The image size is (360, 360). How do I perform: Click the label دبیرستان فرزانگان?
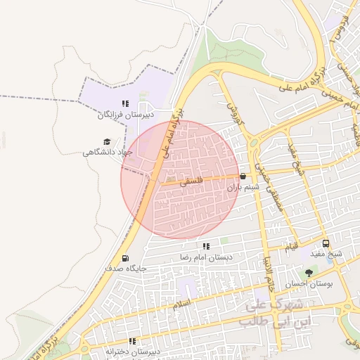pos(125,114)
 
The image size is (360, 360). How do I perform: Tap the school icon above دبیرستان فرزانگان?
pos(125,103)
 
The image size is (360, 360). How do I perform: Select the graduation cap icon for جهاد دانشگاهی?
pos(107,141)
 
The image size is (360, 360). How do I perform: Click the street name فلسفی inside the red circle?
pos(191,181)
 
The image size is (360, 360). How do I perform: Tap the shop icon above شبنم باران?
pos(243,176)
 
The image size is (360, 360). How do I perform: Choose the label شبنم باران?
pos(243,188)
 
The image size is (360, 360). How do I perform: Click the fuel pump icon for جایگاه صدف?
pos(125,258)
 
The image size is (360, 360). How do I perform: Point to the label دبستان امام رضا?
pos(206,257)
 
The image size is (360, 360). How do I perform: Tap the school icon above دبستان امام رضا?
pos(206,247)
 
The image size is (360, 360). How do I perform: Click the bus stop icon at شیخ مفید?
pos(325,243)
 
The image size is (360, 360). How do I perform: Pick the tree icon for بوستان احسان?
pos(308,273)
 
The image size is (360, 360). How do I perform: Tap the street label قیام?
pos(290,247)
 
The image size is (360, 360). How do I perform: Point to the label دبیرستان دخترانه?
pos(133,351)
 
